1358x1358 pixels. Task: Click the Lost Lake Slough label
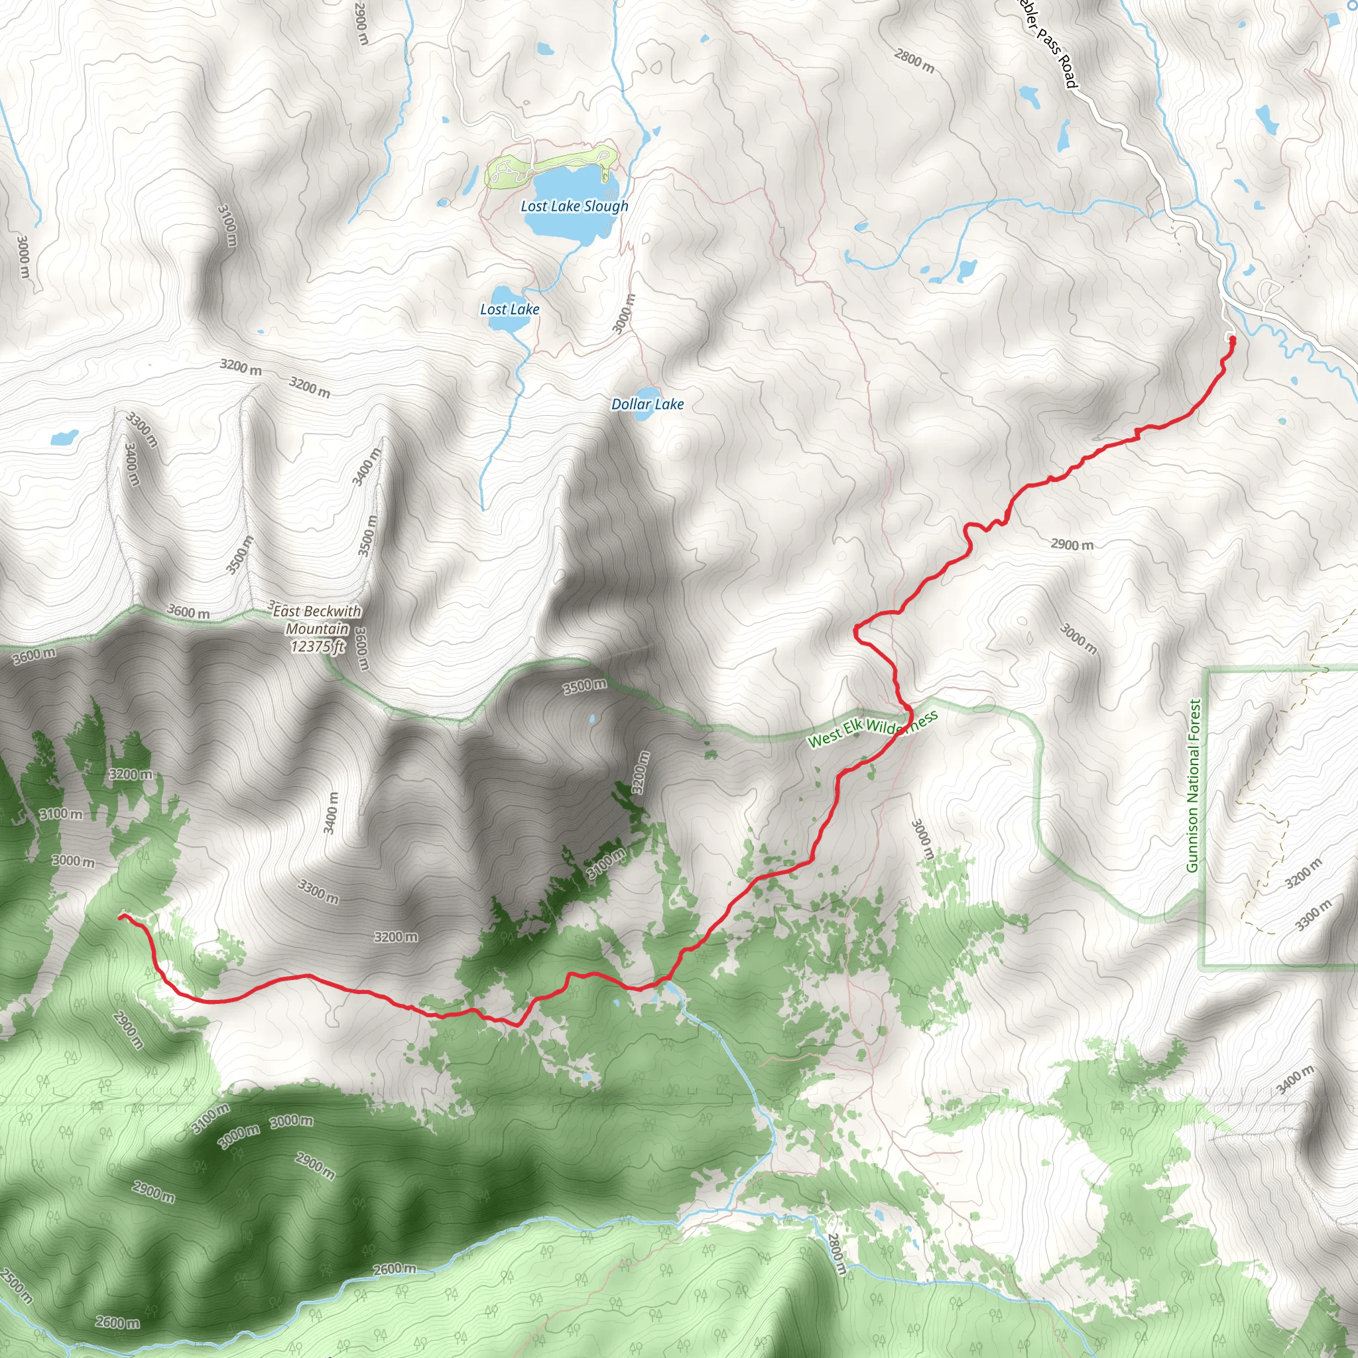(x=574, y=206)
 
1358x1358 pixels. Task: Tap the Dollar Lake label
(x=647, y=404)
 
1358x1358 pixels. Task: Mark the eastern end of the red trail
(x=1232, y=339)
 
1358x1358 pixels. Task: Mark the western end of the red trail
(x=121, y=916)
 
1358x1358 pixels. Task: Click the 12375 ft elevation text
(x=318, y=646)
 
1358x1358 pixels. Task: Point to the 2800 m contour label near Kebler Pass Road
(x=914, y=61)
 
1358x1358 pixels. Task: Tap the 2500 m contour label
(x=15, y=1286)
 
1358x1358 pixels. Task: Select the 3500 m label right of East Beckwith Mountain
(x=585, y=686)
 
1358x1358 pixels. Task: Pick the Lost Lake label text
(x=510, y=309)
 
